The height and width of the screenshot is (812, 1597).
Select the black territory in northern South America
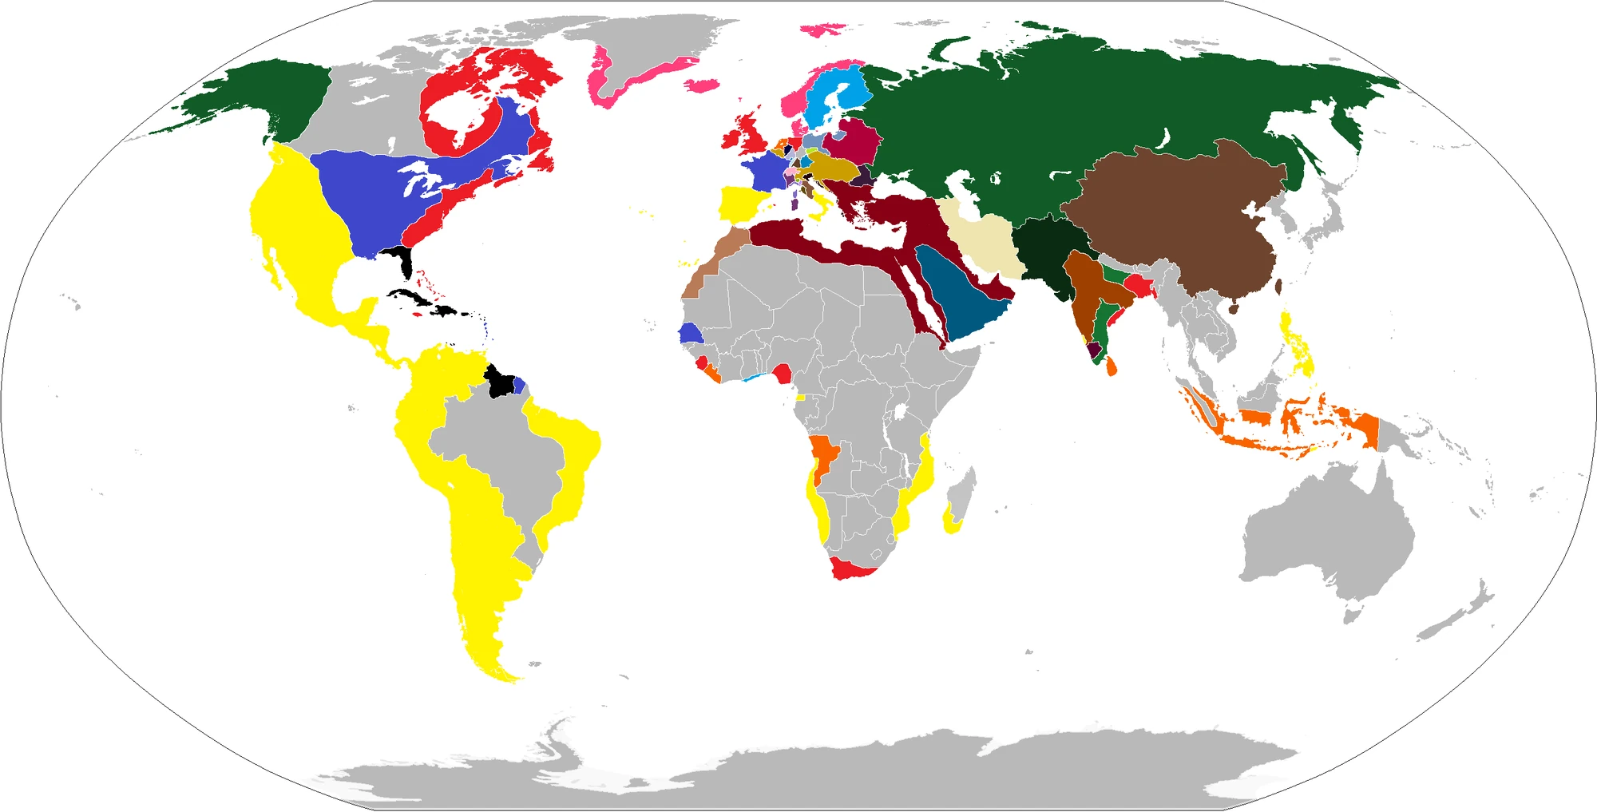500,382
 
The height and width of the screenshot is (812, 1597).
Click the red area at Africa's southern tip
850,569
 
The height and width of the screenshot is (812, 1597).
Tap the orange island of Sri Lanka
1112,367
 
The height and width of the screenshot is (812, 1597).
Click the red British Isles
751,134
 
